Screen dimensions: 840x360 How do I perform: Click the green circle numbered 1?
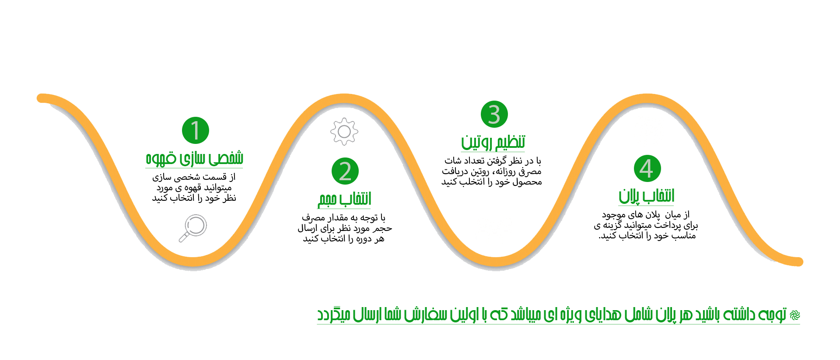point(196,130)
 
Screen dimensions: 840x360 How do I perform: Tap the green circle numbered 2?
point(345,171)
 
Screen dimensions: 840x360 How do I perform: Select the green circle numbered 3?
point(494,115)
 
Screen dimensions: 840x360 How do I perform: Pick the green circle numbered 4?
point(647,168)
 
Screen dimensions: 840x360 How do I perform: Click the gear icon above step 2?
point(344,131)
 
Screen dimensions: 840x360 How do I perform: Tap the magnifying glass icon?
point(193,228)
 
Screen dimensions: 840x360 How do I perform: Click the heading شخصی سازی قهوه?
point(194,158)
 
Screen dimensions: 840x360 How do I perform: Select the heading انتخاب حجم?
point(345,199)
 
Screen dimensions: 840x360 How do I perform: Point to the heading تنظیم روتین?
point(493,142)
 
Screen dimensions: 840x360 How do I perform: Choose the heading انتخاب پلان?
point(647,196)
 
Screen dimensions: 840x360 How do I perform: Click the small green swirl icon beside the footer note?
point(795,315)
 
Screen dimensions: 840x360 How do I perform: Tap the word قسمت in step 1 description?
point(215,177)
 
